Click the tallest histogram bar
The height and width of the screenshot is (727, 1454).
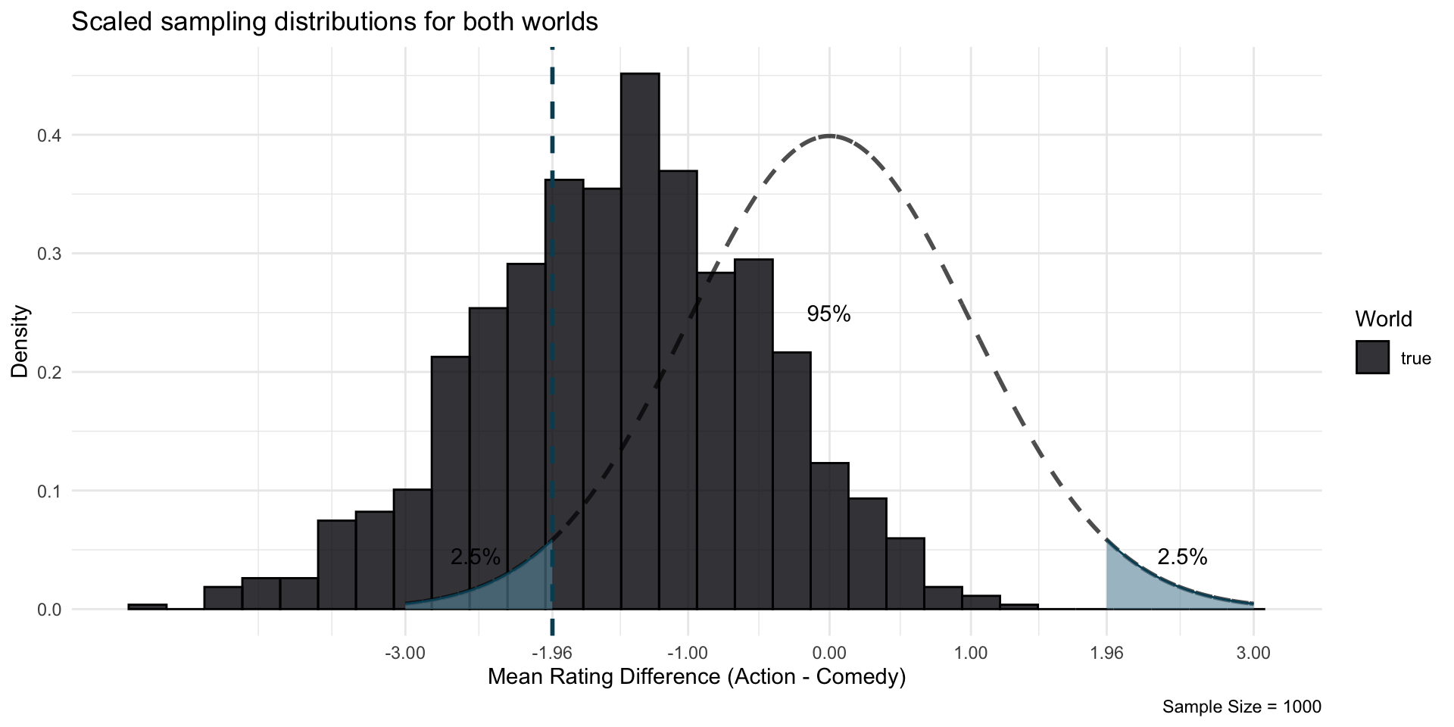click(x=640, y=341)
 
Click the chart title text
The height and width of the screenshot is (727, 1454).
click(x=335, y=22)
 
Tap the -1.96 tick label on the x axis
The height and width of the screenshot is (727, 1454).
click(x=551, y=653)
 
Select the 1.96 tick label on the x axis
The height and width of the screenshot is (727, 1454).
click(x=1106, y=653)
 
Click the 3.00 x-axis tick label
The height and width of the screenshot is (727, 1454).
click(x=1253, y=653)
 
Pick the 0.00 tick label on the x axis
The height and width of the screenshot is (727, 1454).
click(x=829, y=653)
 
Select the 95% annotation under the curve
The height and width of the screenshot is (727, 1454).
click(x=828, y=314)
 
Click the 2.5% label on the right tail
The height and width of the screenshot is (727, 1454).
click(x=1182, y=557)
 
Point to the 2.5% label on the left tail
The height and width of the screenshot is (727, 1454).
click(x=476, y=557)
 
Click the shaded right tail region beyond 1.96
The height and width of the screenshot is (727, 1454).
click(x=1136, y=587)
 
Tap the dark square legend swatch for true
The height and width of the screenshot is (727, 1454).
click(x=1372, y=357)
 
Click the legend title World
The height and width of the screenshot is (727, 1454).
click(x=1384, y=320)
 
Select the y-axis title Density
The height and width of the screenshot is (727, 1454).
click(x=21, y=341)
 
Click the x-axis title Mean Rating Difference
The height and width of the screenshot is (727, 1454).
click(x=697, y=676)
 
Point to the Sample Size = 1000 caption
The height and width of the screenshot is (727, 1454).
click(x=1242, y=707)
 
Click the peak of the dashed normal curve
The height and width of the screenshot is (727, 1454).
click(x=829, y=136)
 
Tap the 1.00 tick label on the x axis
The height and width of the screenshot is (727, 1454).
click(x=971, y=653)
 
